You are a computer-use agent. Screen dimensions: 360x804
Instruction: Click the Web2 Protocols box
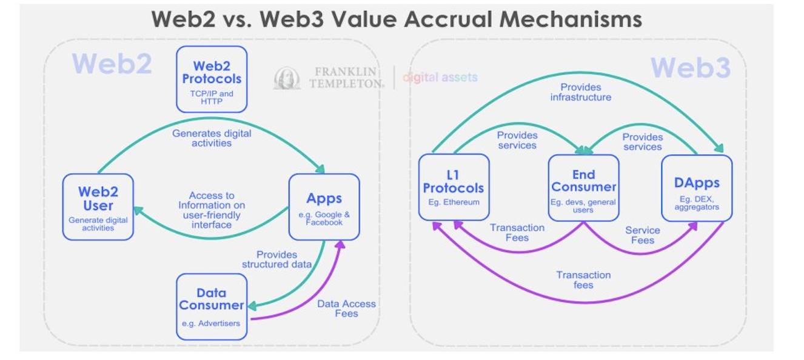[212, 79]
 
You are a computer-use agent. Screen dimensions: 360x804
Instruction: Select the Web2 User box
[98, 207]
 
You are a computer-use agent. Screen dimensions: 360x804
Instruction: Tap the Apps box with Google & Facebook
[324, 207]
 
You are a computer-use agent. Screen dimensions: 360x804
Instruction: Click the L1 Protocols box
[454, 187]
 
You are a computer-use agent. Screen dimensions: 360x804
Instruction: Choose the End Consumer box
[583, 187]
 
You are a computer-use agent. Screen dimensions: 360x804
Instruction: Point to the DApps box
[697, 187]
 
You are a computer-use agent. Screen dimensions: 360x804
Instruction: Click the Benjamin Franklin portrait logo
[286, 78]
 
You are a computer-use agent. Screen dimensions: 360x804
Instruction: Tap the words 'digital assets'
[440, 78]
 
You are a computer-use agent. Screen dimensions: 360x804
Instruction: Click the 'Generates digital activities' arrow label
[211, 138]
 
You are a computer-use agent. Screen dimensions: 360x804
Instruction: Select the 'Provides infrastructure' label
[581, 92]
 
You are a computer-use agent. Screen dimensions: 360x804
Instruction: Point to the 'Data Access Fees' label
[346, 308]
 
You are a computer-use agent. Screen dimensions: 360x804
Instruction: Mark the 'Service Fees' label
[642, 235]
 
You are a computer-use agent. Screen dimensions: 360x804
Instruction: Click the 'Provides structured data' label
[276, 259]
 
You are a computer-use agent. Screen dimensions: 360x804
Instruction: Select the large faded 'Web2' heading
[112, 64]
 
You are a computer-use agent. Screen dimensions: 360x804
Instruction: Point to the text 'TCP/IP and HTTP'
[212, 98]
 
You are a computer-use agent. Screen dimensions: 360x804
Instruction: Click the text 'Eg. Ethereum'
[454, 202]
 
